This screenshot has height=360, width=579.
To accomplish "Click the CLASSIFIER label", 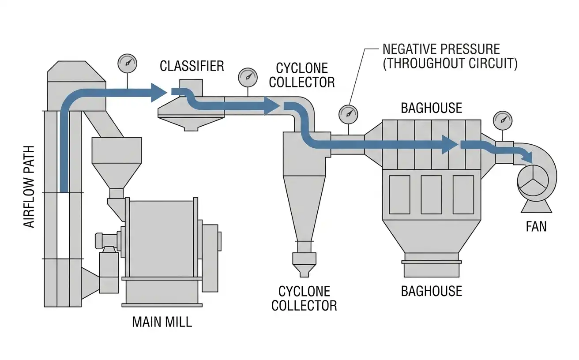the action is tap(192, 66).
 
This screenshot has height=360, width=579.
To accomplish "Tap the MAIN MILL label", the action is tap(162, 322).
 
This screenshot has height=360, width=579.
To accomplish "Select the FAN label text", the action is tap(536, 227).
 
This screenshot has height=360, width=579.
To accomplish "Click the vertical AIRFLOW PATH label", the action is tap(29, 187).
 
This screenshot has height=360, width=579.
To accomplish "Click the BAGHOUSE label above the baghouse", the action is tap(432, 108).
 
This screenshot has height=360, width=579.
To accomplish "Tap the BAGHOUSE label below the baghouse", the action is tap(432, 291).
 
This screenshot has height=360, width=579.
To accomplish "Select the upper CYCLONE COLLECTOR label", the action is tap(302, 75).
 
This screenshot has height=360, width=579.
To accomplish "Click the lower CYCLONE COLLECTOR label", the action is tap(304, 299).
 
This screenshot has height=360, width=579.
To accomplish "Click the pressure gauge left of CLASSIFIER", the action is tap(127, 64).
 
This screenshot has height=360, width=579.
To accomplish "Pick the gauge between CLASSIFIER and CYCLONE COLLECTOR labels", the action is tap(248, 78).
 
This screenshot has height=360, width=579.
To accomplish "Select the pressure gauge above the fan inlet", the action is tap(503, 121).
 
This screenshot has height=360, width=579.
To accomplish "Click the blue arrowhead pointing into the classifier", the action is tap(158, 93).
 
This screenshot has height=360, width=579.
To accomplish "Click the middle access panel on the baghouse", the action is tap(432, 195).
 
